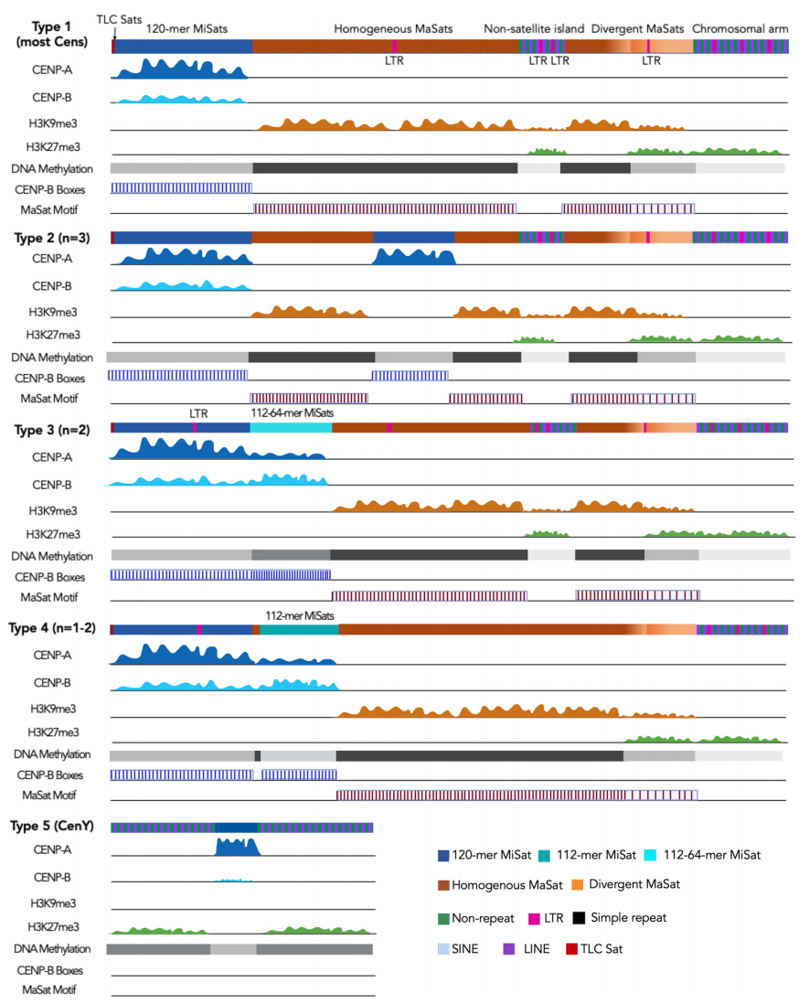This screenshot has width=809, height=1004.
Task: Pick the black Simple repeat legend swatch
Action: click(579, 917)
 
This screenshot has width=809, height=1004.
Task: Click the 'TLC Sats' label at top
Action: click(119, 19)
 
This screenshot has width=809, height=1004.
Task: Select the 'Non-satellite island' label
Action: click(533, 29)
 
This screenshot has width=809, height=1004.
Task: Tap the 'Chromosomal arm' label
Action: click(740, 29)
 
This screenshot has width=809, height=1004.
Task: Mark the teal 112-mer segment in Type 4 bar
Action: click(299, 629)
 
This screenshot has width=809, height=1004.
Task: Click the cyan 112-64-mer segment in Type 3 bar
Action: click(291, 427)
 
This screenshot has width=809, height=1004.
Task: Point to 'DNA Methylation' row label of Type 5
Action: click(52, 948)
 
